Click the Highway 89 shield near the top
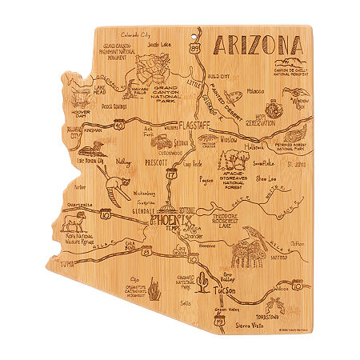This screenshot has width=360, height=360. tap(197, 50)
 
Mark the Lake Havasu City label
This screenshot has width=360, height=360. tap(94, 161)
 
